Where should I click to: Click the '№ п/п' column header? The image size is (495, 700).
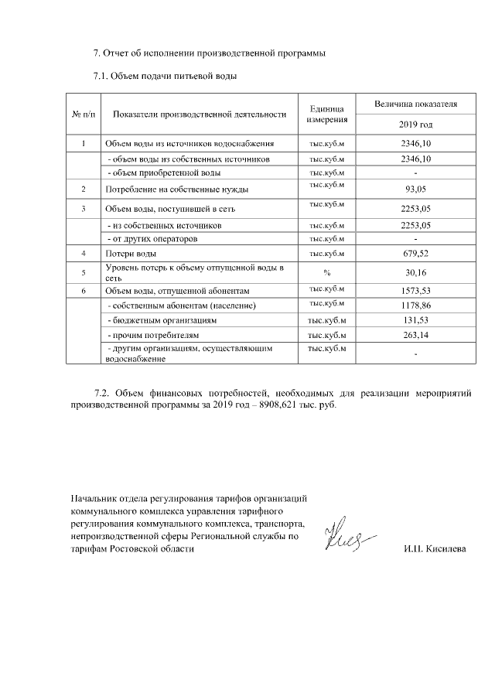coord(84,114)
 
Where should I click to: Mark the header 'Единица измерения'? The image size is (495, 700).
coord(327,114)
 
